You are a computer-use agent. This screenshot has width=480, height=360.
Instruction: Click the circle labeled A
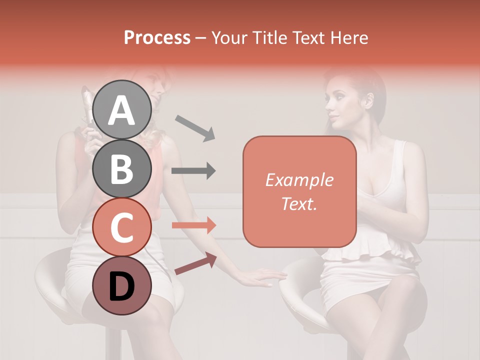point(122,109)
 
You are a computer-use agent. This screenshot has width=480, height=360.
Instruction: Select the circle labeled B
point(122,168)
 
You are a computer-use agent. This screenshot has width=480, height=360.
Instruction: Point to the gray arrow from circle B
point(193,171)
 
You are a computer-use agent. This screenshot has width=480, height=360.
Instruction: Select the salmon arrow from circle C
point(193,225)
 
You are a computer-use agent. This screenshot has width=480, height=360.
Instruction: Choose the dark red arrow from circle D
point(195,263)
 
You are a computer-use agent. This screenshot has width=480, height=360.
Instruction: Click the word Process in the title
point(157,37)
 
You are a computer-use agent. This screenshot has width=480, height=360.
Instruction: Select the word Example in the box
point(299,180)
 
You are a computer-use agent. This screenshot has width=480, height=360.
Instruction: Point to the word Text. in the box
point(299,203)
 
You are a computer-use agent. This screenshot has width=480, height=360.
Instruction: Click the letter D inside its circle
point(122,286)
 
